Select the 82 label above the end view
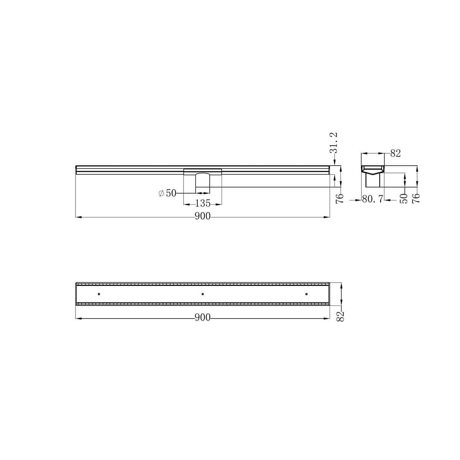coord(395,154)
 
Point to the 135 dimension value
coord(203,203)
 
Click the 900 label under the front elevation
coord(202,217)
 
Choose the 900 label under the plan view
coord(202,318)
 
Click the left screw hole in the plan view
coord(99,294)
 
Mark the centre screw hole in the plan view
coord(202,294)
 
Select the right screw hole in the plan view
coord(306,294)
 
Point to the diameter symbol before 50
coord(161,193)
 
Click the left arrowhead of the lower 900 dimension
coord(78,318)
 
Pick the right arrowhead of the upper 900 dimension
coord(328,217)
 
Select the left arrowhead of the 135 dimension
coord(185,204)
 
